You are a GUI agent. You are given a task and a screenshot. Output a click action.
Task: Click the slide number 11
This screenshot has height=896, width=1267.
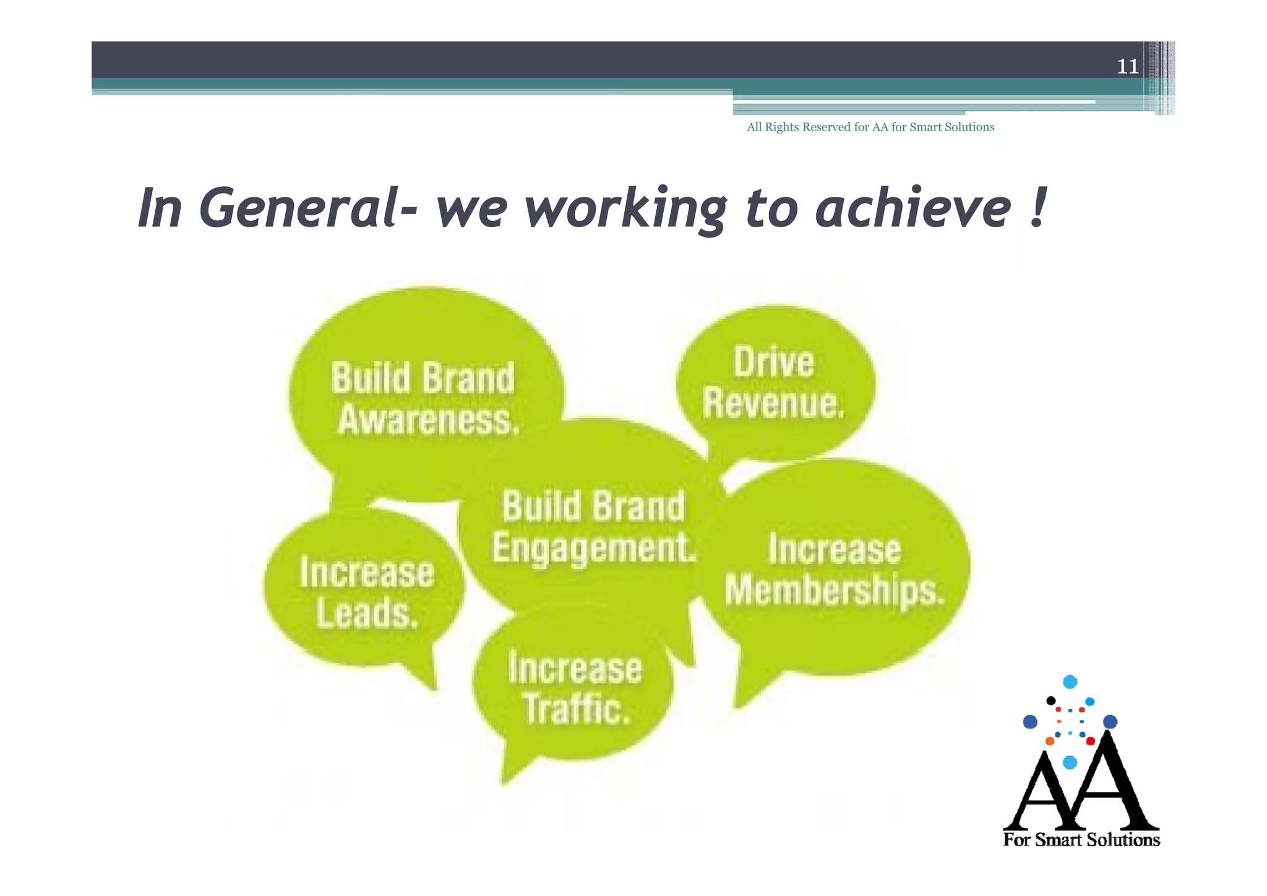[1127, 66]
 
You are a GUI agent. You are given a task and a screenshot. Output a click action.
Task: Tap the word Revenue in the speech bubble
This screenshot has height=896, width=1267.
[773, 403]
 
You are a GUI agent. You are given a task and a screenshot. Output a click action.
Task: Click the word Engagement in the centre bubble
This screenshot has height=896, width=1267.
[594, 548]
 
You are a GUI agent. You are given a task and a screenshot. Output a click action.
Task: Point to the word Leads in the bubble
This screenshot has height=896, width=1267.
[367, 613]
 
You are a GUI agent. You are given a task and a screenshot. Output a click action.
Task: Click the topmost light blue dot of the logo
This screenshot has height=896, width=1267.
[1070, 682]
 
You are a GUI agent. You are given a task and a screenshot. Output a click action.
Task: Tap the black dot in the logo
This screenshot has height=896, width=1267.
[1050, 700]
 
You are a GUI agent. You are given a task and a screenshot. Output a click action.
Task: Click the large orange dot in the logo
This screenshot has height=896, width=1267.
[1050, 741]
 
